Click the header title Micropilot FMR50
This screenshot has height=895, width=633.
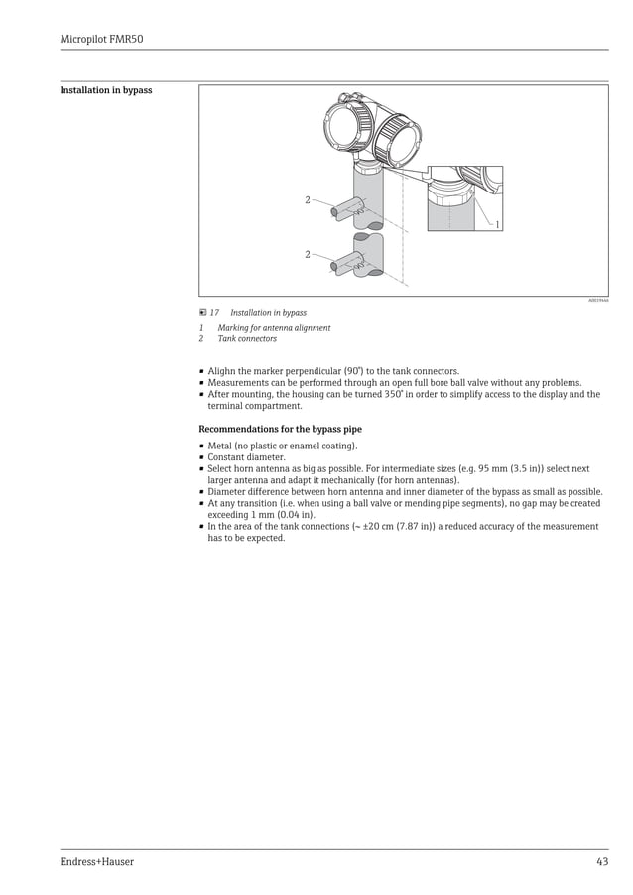102,39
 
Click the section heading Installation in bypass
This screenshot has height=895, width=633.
106,90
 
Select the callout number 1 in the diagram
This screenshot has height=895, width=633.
497,225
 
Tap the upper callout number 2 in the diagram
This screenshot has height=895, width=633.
308,200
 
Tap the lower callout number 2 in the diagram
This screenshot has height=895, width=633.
308,255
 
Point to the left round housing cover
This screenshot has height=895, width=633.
341,128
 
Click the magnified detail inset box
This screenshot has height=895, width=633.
464,198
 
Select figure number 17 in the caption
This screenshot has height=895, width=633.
213,313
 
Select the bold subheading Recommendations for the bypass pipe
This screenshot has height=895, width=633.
281,429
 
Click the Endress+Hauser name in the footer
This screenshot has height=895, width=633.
96,862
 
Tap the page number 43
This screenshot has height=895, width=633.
601,862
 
